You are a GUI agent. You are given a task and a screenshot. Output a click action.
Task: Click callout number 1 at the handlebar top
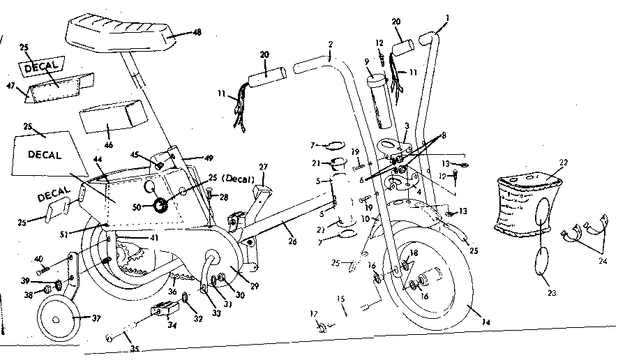point(447,17)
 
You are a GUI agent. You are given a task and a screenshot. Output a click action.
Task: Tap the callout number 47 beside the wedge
point(10,87)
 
